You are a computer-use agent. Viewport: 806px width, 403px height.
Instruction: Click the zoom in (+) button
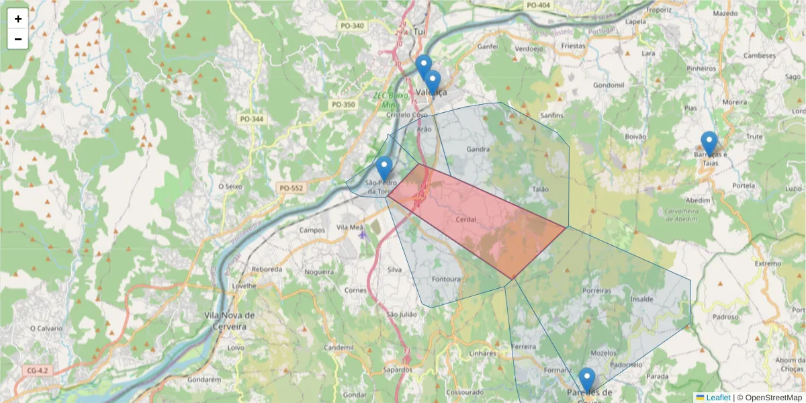[18, 19]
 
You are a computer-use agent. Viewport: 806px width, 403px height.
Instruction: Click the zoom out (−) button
[18, 39]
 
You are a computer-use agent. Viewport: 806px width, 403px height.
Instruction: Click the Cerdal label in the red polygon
[465, 220]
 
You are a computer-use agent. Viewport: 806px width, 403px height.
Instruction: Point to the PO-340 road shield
[352, 26]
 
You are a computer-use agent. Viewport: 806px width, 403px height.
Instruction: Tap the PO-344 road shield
[252, 120]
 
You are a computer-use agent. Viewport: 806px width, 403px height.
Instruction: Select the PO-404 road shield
[539, 5]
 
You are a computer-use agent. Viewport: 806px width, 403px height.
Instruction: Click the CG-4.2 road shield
[38, 371]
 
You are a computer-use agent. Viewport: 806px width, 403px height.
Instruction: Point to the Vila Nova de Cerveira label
[230, 320]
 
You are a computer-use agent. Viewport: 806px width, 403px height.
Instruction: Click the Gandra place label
[478, 148]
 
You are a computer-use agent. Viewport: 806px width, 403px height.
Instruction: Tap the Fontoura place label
[447, 279]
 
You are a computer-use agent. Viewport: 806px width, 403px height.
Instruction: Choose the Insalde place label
[641, 299]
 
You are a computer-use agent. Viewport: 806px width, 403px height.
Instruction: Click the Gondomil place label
[609, 86]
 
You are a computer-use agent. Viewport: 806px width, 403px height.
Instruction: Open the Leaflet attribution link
[718, 398]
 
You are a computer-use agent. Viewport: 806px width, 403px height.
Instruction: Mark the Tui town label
[421, 32]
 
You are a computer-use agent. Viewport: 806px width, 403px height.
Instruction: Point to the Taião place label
[540, 189]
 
